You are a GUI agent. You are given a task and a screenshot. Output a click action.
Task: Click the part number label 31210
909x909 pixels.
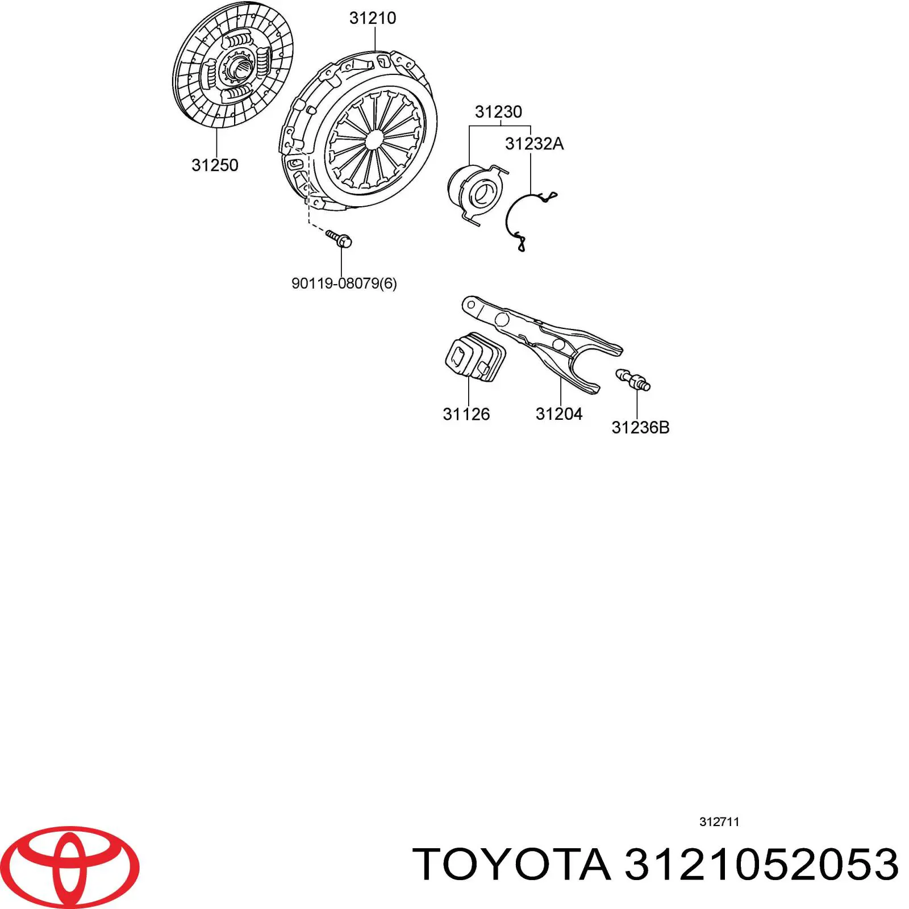373,18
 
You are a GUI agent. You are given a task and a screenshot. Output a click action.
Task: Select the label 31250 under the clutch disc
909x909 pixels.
215,165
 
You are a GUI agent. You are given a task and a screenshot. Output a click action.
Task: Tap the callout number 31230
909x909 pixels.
498,112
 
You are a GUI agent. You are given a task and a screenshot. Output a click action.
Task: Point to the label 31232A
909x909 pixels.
534,144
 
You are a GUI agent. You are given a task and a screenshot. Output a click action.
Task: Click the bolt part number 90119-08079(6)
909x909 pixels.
344,283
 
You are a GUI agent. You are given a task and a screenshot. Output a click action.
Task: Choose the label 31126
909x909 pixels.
466,414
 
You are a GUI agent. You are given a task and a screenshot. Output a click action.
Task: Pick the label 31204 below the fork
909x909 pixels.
559,414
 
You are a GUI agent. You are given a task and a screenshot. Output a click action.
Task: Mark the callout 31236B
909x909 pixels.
640,428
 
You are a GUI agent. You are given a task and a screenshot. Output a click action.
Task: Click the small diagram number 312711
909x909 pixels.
719,822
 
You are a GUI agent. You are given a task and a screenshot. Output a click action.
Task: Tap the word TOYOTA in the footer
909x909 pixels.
511,865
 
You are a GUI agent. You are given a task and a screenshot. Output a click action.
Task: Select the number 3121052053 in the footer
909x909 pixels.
761,865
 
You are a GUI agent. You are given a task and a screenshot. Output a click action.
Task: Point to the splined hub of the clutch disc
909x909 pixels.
239,70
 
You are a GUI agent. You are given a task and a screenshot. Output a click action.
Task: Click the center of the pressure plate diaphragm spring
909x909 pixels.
374,139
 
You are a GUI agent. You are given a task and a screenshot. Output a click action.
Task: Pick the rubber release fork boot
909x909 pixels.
474,358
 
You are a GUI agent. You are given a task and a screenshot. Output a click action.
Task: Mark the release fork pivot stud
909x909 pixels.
632,380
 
